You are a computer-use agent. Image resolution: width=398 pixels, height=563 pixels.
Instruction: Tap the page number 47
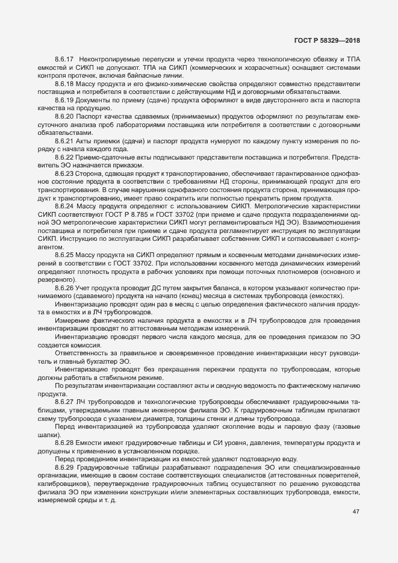(x=356, y=512)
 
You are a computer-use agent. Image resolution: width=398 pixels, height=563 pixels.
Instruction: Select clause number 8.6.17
(x=63, y=59)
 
